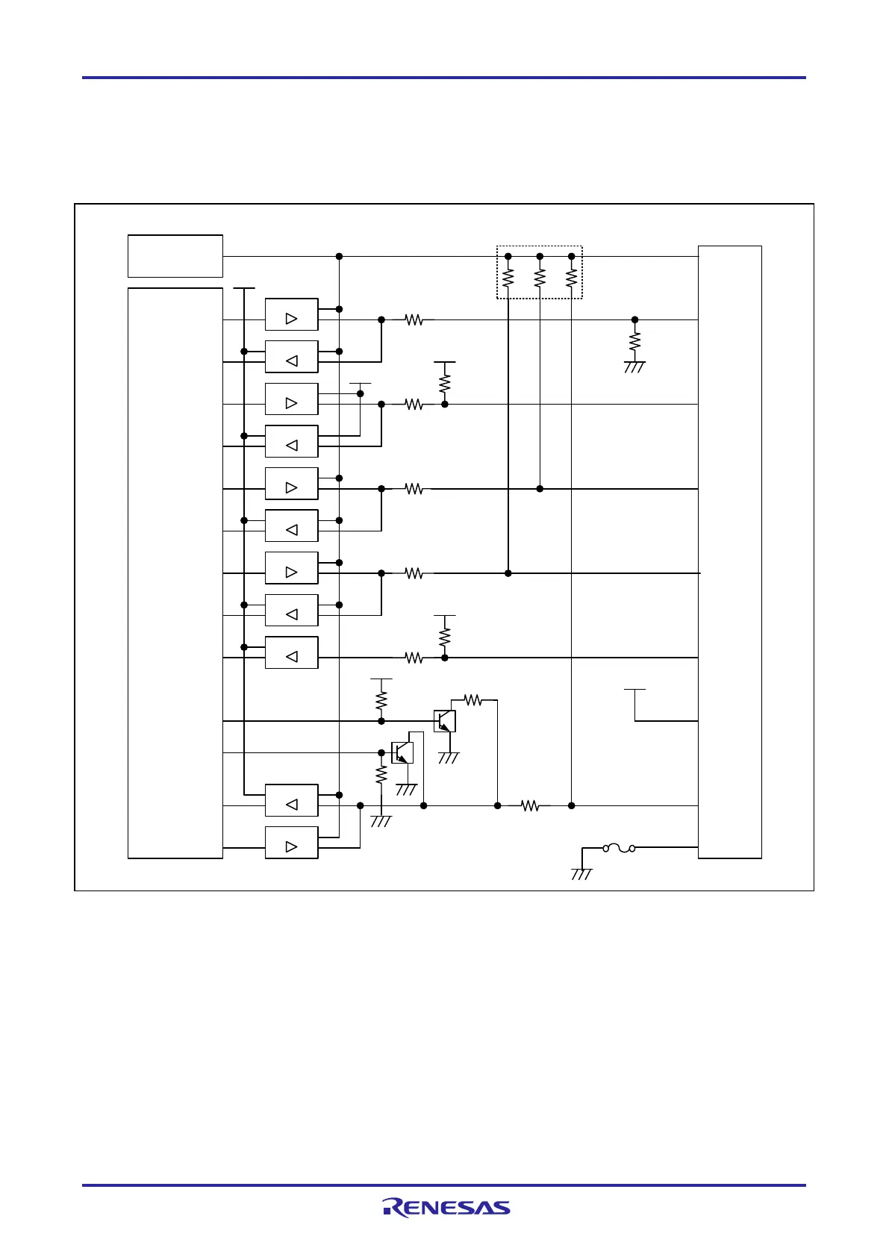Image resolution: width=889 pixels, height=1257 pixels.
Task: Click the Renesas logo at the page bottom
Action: point(446,1207)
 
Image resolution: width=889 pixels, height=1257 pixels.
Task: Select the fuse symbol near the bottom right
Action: point(619,848)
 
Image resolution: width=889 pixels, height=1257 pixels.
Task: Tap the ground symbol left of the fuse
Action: point(581,873)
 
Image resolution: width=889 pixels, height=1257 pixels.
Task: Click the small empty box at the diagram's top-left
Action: point(175,256)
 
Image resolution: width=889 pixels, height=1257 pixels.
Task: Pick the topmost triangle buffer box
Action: point(292,314)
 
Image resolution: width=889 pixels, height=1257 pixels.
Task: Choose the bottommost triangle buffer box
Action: point(292,843)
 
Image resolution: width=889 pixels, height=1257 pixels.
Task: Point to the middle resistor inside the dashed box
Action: point(540,278)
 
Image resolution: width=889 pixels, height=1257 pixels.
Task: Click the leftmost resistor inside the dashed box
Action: point(508,278)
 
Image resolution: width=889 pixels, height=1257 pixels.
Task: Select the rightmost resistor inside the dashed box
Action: point(572,278)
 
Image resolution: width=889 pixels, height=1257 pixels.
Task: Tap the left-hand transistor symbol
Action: point(402,752)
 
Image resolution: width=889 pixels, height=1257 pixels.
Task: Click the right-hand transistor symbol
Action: point(445,721)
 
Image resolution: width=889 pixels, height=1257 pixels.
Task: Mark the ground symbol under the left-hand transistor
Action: point(405,790)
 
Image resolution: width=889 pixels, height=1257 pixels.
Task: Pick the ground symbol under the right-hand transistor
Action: point(449,758)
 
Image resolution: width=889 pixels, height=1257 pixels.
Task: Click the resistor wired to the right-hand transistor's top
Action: point(472,700)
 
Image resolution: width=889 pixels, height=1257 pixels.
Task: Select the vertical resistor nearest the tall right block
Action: point(634,342)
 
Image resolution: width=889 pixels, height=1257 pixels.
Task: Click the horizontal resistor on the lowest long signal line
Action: point(529,805)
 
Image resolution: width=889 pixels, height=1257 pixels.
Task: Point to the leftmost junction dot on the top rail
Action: point(339,256)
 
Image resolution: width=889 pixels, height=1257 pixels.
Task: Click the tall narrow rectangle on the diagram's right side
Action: point(729,552)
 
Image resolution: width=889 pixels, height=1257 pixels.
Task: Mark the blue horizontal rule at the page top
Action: point(444,77)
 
